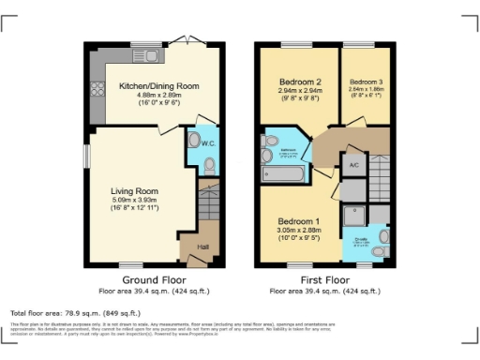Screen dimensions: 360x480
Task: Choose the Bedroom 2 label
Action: (301, 82)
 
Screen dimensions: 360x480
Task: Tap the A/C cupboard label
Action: (353, 166)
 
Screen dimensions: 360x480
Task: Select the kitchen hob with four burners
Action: (97, 91)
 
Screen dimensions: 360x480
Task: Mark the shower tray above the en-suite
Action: (354, 215)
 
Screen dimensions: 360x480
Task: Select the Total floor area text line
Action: (76, 312)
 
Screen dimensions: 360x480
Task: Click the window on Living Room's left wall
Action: (86, 156)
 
